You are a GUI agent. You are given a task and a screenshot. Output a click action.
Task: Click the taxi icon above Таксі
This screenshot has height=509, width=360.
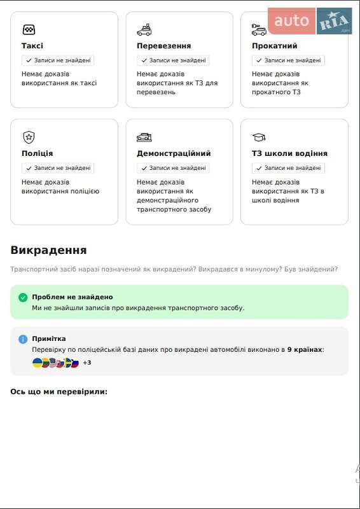pyautogui.click(x=29, y=29)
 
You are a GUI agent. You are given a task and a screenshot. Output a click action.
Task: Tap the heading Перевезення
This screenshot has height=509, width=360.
pyautogui.click(x=163, y=46)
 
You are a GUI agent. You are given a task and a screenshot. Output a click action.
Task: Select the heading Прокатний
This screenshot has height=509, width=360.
pyautogui.click(x=274, y=46)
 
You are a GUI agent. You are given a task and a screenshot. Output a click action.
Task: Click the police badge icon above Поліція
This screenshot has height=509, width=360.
pyautogui.click(x=29, y=137)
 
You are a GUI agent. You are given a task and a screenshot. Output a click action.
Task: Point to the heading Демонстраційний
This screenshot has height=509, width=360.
pyautogui.click(x=174, y=153)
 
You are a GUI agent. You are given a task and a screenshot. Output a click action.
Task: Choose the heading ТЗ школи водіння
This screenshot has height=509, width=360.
pyautogui.click(x=289, y=153)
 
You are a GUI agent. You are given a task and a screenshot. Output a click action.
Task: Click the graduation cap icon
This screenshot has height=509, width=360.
pyautogui.click(x=258, y=137)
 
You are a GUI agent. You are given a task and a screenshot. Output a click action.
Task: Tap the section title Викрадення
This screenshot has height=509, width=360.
pyautogui.click(x=48, y=250)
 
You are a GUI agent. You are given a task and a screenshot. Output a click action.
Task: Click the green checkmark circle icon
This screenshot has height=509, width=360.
pyautogui.click(x=23, y=297)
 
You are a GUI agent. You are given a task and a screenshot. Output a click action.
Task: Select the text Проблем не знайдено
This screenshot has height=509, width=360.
pyautogui.click(x=73, y=297)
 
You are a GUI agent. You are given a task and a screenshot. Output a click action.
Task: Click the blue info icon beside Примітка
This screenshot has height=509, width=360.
pyautogui.click(x=23, y=339)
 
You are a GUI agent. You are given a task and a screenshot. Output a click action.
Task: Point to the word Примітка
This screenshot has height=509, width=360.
pyautogui.click(x=49, y=339)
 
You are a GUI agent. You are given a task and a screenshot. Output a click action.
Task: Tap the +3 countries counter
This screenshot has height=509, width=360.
pyautogui.click(x=87, y=363)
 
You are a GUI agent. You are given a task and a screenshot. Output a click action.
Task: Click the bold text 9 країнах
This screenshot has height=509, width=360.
pyautogui.click(x=305, y=349)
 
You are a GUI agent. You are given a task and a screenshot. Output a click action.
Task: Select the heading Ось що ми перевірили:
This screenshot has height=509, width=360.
pyautogui.click(x=59, y=391)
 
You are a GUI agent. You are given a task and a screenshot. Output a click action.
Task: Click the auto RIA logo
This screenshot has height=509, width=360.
pyautogui.click(x=310, y=21)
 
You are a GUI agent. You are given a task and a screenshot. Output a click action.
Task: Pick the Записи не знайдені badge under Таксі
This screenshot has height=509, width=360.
pyautogui.click(x=58, y=60)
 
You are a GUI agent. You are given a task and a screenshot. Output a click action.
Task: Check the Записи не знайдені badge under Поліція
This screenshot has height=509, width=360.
pyautogui.click(x=58, y=168)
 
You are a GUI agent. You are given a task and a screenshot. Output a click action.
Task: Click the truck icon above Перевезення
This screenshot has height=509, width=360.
pyautogui.click(x=144, y=29)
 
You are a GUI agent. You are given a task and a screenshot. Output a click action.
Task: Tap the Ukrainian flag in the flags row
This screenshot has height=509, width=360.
pyautogui.click(x=38, y=363)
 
